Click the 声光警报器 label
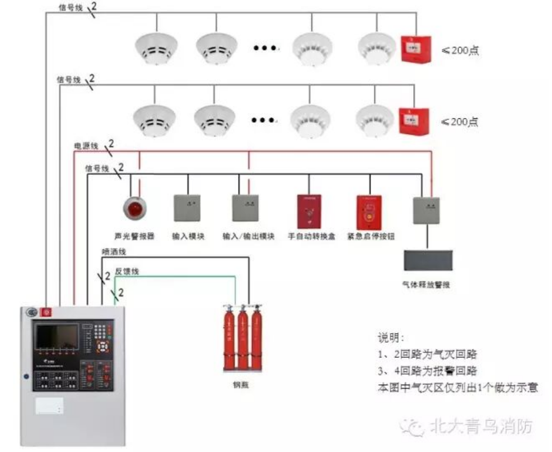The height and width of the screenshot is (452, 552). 134,236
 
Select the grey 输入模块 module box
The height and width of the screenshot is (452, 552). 188,207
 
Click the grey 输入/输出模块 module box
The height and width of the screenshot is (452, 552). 246,208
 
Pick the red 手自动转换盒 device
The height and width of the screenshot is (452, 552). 309,211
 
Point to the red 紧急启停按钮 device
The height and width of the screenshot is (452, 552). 369,212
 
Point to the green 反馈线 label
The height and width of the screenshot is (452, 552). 127,271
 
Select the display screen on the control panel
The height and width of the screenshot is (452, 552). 57,336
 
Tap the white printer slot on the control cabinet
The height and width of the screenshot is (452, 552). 49,405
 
